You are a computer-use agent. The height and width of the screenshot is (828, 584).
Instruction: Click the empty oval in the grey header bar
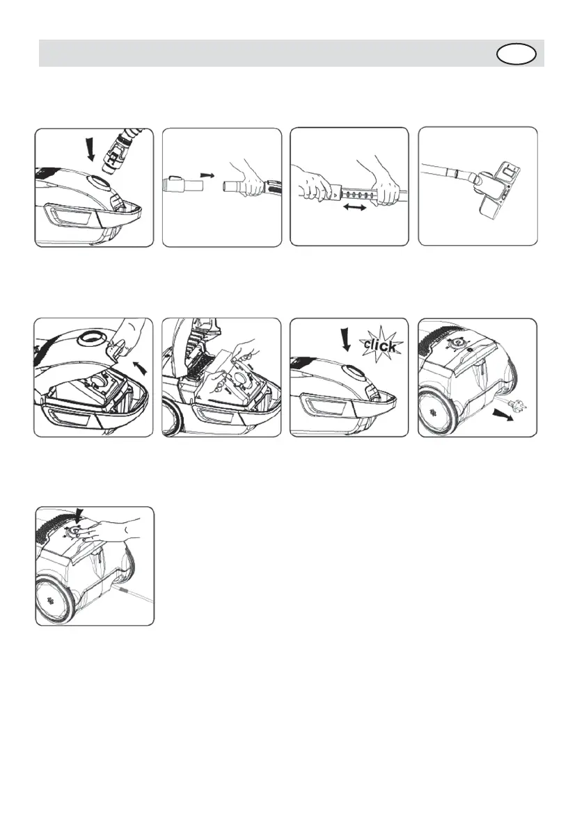click(516, 54)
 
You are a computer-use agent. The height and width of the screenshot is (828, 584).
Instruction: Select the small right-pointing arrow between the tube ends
click(207, 174)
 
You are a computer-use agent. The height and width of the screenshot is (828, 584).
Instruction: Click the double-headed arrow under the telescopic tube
click(354, 208)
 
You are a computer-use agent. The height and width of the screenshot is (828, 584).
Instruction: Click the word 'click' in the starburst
click(379, 346)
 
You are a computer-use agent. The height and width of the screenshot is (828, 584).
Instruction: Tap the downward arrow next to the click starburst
click(346, 339)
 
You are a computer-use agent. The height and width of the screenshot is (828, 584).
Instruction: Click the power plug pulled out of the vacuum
click(512, 403)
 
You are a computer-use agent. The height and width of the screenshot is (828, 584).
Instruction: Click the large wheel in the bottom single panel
click(54, 601)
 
